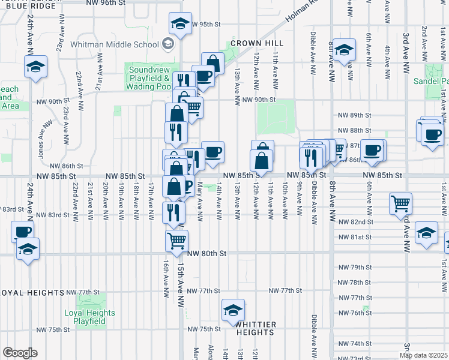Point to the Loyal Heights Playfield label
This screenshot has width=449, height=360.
[x=89, y=317]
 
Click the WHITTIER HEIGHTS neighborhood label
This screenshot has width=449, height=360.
[x=256, y=328]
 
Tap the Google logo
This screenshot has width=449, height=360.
[x=20, y=353]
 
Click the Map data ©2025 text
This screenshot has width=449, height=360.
[x=424, y=355]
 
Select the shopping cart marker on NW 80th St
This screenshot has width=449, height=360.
[x=177, y=241]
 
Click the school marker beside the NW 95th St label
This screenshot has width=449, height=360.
[x=179, y=23]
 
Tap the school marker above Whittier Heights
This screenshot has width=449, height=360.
[x=234, y=310]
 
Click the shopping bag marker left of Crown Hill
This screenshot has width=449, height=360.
[x=212, y=63]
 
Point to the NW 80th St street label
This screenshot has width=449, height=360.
[x=206, y=254]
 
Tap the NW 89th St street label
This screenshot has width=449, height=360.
[x=354, y=115]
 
